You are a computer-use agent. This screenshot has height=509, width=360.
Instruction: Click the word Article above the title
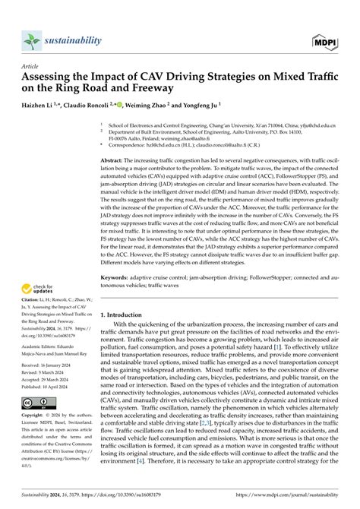pyautogui.click(x=30, y=67)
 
